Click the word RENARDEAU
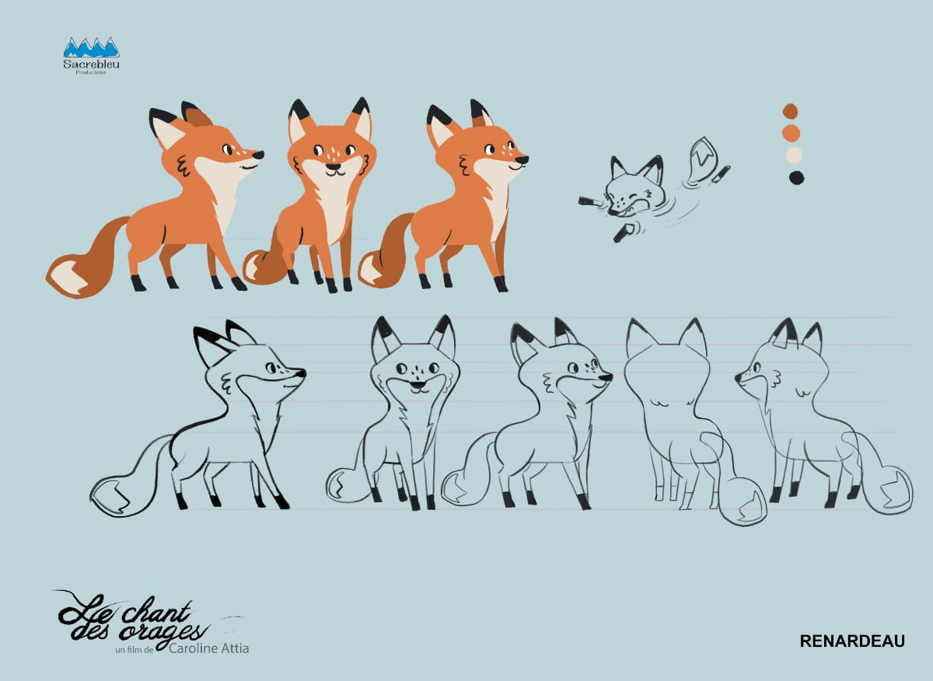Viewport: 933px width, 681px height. (x=852, y=641)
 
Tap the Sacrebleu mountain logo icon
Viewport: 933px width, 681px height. (x=91, y=47)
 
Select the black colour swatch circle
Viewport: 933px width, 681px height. (x=796, y=178)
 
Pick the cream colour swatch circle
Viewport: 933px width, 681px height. (x=794, y=155)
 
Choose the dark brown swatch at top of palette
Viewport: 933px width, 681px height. (x=790, y=111)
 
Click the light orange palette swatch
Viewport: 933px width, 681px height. (x=791, y=133)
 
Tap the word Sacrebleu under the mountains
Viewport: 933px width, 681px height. (x=91, y=65)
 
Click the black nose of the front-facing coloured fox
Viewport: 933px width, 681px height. (x=333, y=166)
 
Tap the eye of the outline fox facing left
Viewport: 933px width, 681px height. (x=756, y=368)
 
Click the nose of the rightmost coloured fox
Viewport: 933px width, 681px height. (x=522, y=159)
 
